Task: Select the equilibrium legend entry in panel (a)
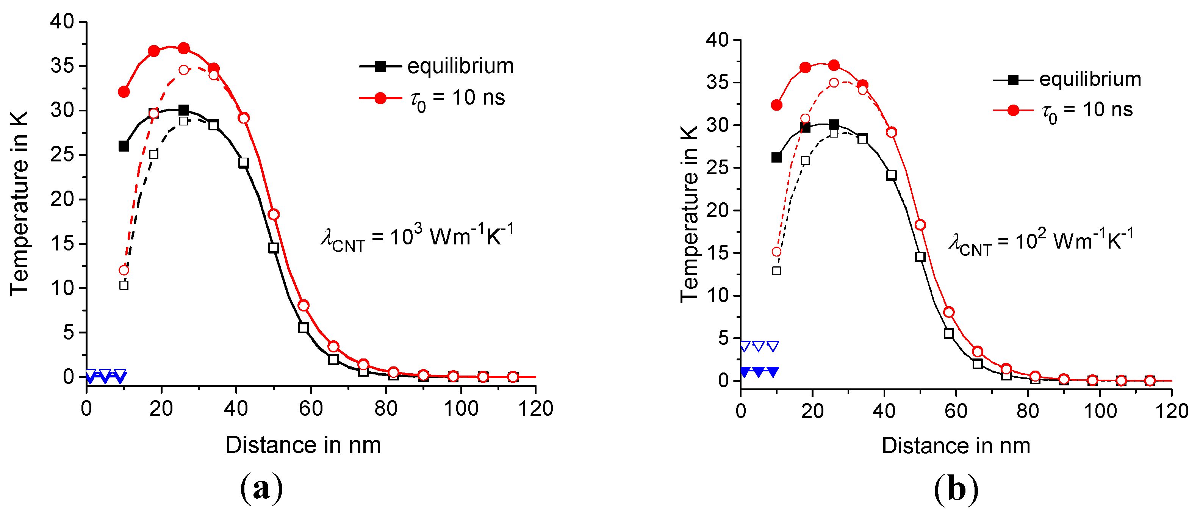437,66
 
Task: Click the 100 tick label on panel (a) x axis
461,408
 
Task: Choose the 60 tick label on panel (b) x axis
956,411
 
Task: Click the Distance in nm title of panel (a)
303,445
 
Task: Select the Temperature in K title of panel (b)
689,214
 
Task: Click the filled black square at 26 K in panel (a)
124,146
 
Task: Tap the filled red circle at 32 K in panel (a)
124,92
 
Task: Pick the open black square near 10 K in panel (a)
124,285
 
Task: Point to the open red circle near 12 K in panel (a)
124,270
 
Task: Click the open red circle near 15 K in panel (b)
776,252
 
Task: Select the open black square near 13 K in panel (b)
776,271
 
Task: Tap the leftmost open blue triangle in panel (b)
745,346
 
